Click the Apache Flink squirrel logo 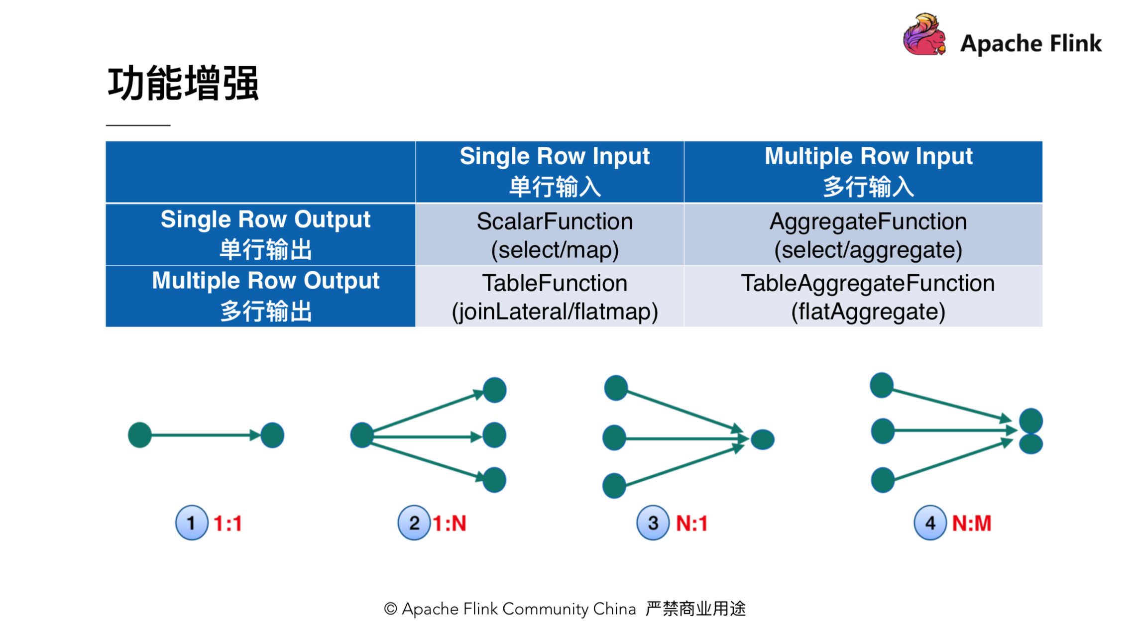(924, 35)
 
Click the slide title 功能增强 (183, 83)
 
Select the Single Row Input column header (554, 171)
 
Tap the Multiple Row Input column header (868, 171)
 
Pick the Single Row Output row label (265, 234)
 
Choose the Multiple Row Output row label (265, 296)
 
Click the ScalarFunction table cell (554, 234)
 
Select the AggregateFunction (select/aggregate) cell (868, 234)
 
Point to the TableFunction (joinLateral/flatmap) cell (554, 297)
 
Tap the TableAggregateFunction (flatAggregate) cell (868, 297)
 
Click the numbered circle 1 (191, 523)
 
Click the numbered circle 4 (929, 523)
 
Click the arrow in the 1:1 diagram (204, 435)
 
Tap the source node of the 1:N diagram (362, 435)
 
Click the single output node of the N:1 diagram (762, 439)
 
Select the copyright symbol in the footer (390, 609)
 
